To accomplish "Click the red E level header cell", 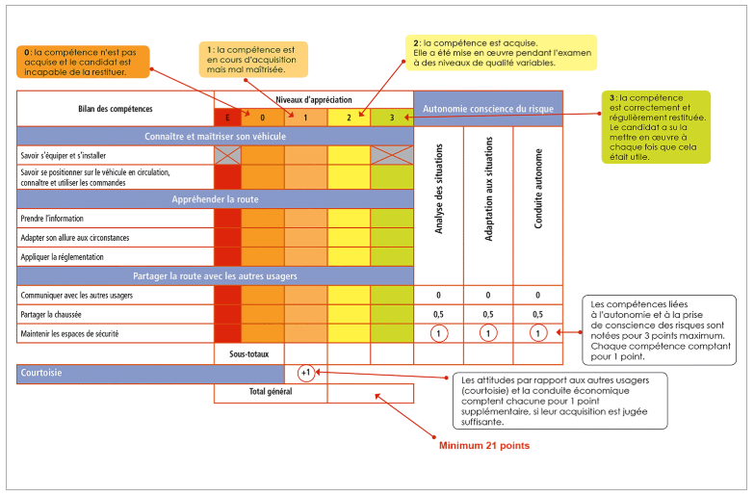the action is pyautogui.click(x=227, y=117).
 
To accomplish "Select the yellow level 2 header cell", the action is pyautogui.click(x=349, y=117).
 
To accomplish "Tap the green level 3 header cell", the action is pyautogui.click(x=392, y=117).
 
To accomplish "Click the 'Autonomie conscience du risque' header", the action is pyautogui.click(x=488, y=109).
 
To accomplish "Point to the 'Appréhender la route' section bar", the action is pyautogui.click(x=215, y=199).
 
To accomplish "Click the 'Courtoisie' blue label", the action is pyautogui.click(x=41, y=373).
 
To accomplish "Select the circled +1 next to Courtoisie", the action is pyautogui.click(x=306, y=373).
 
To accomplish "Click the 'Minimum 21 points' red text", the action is pyautogui.click(x=484, y=446).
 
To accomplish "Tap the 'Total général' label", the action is pyautogui.click(x=271, y=392).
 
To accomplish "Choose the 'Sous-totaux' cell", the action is pyautogui.click(x=249, y=354).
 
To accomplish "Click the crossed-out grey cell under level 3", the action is pyautogui.click(x=392, y=155).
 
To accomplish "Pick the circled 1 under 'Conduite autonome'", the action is pyautogui.click(x=537, y=333).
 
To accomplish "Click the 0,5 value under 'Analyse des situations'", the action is pyautogui.click(x=438, y=314).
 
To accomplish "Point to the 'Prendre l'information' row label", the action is pyautogui.click(x=52, y=219).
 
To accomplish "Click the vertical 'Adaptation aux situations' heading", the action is pyautogui.click(x=488, y=189).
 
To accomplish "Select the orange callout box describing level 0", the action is pyautogui.click(x=83, y=62).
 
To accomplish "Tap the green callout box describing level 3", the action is pyautogui.click(x=656, y=127).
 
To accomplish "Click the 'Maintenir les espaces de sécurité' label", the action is pyautogui.click(x=69, y=334).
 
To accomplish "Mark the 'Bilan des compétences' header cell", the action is pyautogui.click(x=116, y=109).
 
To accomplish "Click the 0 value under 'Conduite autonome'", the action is pyautogui.click(x=537, y=295).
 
